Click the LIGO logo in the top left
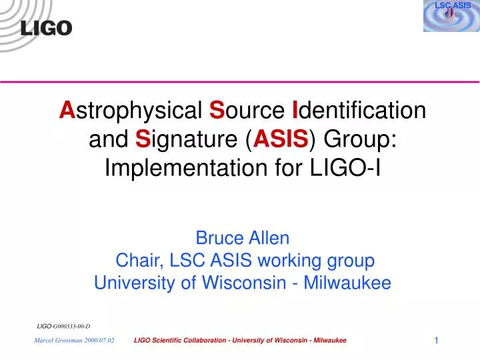click(x=46, y=28)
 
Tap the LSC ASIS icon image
click(x=451, y=16)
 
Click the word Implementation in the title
click(x=186, y=170)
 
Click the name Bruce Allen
click(x=242, y=237)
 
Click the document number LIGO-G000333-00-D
click(x=63, y=326)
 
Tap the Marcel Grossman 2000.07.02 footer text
click(x=74, y=340)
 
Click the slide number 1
click(x=436, y=341)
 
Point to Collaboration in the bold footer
click(x=200, y=340)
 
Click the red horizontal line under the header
click(x=240, y=81)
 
